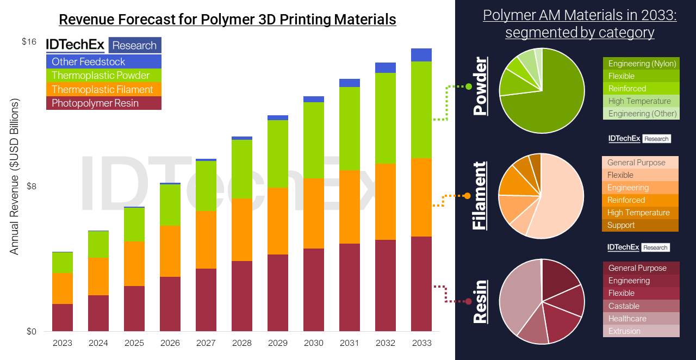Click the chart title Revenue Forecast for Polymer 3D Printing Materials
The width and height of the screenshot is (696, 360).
pos(227,20)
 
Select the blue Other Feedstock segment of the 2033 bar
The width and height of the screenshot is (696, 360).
pos(421,55)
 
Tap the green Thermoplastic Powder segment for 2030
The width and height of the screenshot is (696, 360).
pos(314,140)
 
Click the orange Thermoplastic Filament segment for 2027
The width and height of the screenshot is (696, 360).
pos(206,239)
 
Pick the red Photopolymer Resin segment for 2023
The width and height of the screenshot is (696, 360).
pos(63,318)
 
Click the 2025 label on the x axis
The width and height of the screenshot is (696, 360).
pos(134,343)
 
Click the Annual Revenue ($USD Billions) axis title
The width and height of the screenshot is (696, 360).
pos(15,177)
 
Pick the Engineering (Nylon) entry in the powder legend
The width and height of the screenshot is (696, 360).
pos(641,64)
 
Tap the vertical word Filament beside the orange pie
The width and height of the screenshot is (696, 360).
pos(480,196)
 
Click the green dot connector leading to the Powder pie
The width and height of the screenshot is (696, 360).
pos(468,86)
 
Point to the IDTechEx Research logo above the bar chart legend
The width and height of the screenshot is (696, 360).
pos(103,45)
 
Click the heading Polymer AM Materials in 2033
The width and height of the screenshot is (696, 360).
pos(580,16)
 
